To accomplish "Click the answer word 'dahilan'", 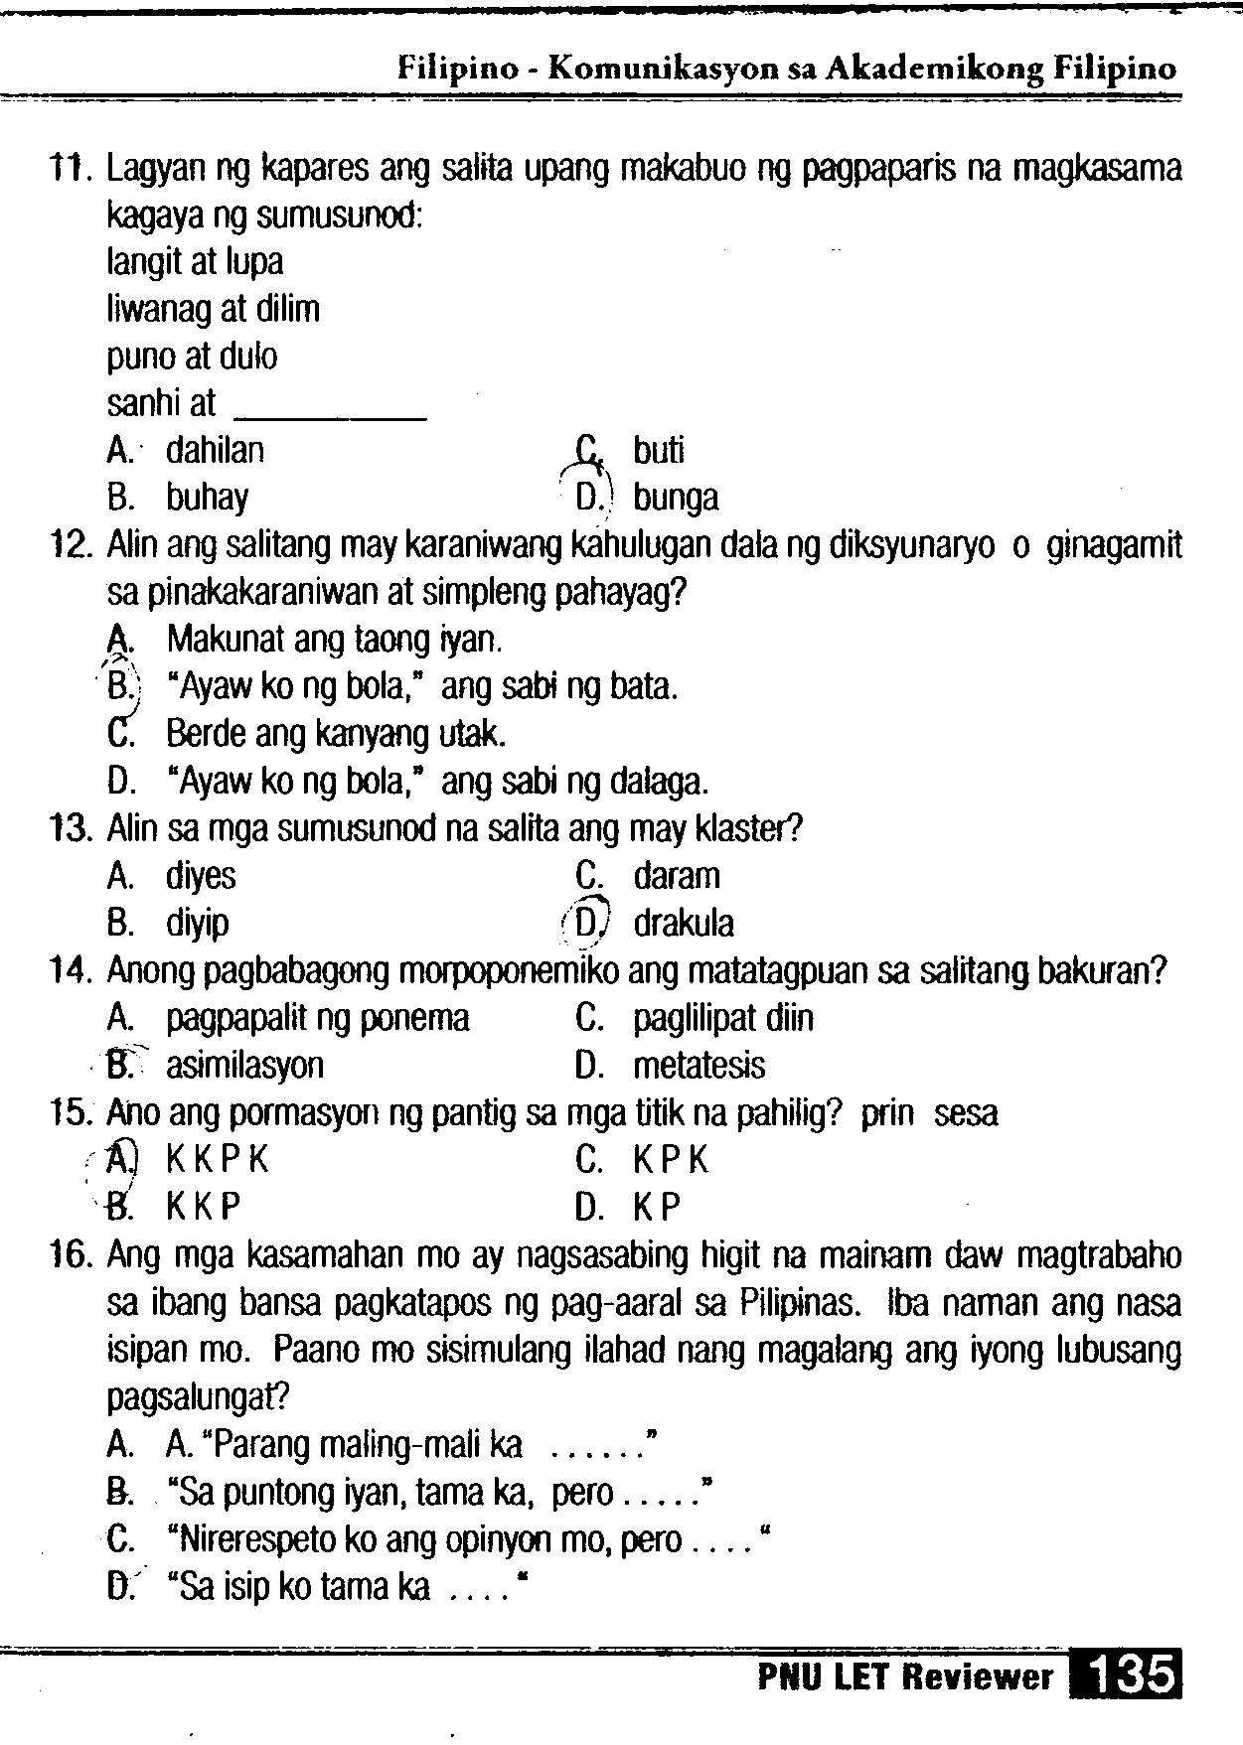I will coord(215,451).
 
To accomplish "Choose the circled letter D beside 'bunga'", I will coord(587,497).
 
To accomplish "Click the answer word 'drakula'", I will coord(684,924).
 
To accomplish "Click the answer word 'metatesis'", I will coord(699,1066).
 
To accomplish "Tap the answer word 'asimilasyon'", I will coord(244,1066).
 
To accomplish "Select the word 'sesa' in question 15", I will coord(966,1113).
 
